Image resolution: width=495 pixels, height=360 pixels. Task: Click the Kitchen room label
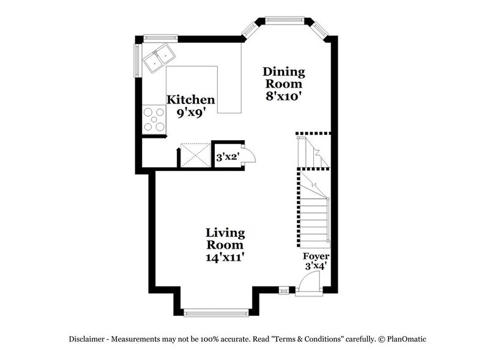coord(191,99)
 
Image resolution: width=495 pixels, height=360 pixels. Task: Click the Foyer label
coord(316,256)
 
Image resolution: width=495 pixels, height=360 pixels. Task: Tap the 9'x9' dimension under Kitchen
coord(191,113)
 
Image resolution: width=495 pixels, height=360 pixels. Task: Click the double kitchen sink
coord(158,59)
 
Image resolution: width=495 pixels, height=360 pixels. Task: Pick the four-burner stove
coord(154,119)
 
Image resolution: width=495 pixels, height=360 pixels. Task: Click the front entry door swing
coord(310,283)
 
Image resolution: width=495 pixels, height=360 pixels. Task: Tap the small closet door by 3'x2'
coord(248,156)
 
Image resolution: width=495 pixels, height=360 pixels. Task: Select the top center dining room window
coord(285,20)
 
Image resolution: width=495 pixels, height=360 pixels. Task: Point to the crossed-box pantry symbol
coord(194,156)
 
